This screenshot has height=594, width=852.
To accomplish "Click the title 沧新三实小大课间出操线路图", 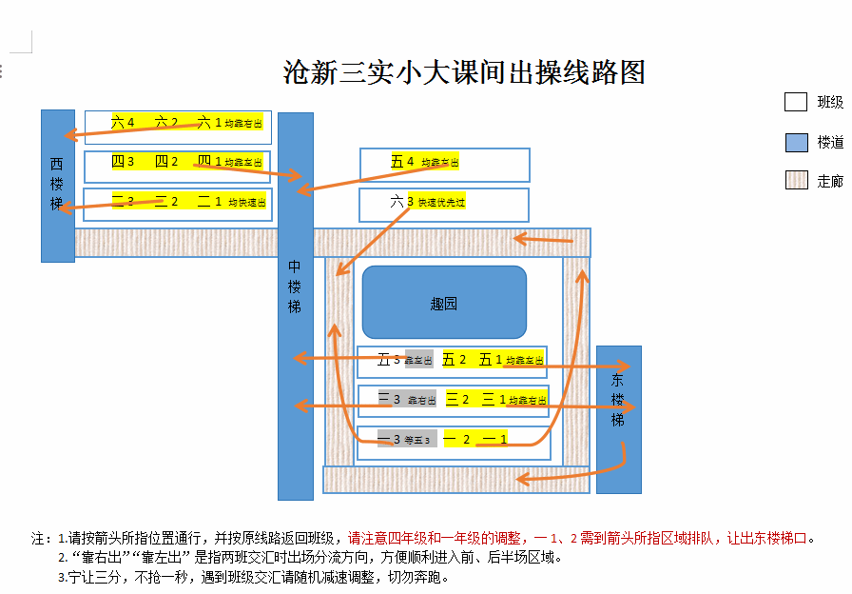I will pyautogui.click(x=465, y=72).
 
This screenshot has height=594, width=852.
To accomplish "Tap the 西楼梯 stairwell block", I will pyautogui.click(x=57, y=186).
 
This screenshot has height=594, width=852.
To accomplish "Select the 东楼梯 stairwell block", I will pyautogui.click(x=618, y=419).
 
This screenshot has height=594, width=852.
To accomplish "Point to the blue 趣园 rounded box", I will pyautogui.click(x=444, y=303).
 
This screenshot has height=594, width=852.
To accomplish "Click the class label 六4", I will pyautogui.click(x=123, y=122).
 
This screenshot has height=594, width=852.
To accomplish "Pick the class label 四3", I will pyautogui.click(x=123, y=162).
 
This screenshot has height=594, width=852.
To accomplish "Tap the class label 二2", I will pyautogui.click(x=166, y=201).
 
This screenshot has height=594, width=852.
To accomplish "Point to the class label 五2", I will pyautogui.click(x=455, y=360).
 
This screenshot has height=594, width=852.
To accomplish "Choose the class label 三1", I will pyautogui.click(x=493, y=399).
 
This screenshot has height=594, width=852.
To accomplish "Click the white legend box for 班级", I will pyautogui.click(x=796, y=102).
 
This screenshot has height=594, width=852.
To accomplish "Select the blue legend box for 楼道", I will pyautogui.click(x=796, y=142).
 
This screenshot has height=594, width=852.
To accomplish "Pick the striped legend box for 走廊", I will pyautogui.click(x=796, y=181).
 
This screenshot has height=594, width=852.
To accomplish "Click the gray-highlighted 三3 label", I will pyautogui.click(x=389, y=399).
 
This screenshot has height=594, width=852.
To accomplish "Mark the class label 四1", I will pyautogui.click(x=209, y=162).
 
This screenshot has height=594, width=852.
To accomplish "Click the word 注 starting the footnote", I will pyautogui.click(x=38, y=538).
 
